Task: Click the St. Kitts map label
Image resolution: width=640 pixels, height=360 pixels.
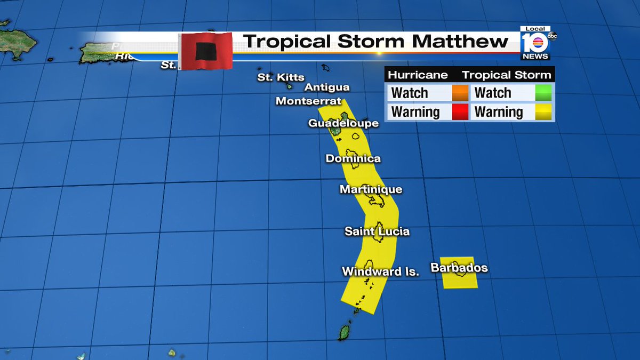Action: coord(281,77)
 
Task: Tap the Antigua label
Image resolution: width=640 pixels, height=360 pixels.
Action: coord(327,87)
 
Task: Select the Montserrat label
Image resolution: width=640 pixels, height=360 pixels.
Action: coord(308,101)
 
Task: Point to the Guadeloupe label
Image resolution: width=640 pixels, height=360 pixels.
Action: coord(343,123)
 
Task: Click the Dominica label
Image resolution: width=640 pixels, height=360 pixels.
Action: coord(353,158)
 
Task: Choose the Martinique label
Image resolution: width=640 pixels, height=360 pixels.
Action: coord(371,189)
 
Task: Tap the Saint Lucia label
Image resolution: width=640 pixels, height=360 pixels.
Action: coord(377,231)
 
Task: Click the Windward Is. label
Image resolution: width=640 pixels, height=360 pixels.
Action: coord(380,271)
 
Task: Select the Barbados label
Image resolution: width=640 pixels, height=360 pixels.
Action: coord(459,268)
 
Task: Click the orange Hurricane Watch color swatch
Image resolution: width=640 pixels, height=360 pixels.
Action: coord(459,93)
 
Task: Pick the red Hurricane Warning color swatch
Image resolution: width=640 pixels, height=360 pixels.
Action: coord(459,112)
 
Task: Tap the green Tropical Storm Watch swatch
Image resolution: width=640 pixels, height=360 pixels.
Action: coord(543,93)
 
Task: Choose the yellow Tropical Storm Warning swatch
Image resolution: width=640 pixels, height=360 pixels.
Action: coord(543,112)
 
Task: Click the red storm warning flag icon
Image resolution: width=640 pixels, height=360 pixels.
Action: coord(205,51)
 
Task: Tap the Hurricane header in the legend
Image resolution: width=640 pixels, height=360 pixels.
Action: coord(417,75)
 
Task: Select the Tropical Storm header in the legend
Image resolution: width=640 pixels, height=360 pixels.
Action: coord(506,75)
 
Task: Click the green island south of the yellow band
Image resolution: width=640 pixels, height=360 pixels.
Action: coord(344,332)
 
